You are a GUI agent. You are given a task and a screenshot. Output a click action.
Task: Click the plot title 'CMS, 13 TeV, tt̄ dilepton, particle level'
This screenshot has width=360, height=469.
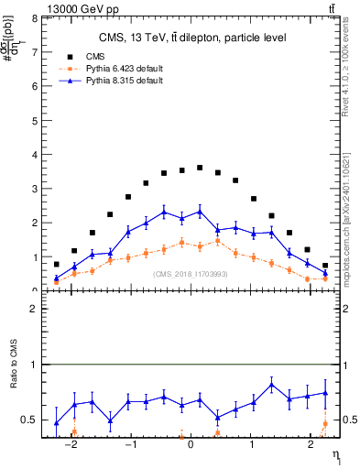[x=192, y=38]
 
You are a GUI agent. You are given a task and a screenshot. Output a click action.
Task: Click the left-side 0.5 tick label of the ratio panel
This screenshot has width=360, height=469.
[x=30, y=420]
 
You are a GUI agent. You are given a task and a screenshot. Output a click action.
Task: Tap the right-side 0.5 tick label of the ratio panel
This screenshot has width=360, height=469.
[x=347, y=420]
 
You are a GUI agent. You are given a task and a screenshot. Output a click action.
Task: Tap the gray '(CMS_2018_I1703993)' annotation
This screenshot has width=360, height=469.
[x=191, y=274]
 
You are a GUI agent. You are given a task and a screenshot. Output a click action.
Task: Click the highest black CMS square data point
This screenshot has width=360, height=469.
[x=200, y=168]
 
